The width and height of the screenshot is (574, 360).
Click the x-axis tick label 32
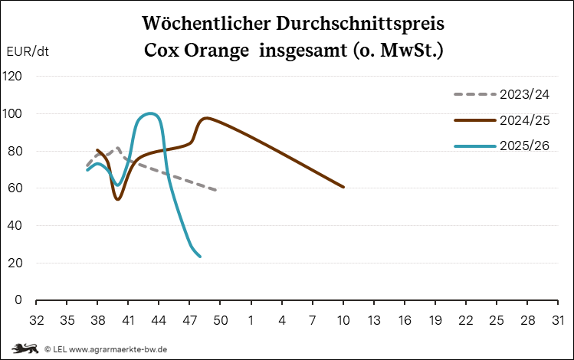36,319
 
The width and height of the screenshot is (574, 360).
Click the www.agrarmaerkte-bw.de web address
119,349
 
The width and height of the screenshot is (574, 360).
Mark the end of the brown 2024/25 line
343,187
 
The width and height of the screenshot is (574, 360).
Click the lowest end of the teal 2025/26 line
200,257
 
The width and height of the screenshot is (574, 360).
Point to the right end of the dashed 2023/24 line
216,190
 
